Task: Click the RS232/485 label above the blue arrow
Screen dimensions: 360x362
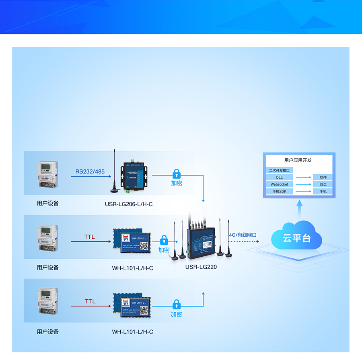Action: (x=90, y=172)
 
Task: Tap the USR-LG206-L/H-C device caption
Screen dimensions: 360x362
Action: (x=129, y=204)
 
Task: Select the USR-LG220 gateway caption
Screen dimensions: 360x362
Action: (x=201, y=266)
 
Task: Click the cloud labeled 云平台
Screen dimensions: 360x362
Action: (x=296, y=237)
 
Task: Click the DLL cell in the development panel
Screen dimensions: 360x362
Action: (x=279, y=177)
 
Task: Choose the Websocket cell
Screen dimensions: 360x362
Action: (x=279, y=184)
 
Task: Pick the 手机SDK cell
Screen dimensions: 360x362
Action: (x=279, y=192)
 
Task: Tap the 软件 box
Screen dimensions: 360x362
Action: (x=323, y=177)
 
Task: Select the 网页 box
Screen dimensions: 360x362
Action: (x=323, y=184)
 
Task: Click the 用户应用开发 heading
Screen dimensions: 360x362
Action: (x=298, y=160)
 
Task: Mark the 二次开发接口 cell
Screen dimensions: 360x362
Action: (x=279, y=170)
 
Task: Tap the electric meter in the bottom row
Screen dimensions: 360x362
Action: (x=48, y=301)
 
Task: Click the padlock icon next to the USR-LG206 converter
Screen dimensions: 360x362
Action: (x=176, y=174)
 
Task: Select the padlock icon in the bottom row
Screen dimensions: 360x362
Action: (x=176, y=304)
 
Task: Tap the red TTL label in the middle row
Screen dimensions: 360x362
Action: (x=90, y=237)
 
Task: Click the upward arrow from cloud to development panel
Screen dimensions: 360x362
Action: (x=299, y=209)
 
